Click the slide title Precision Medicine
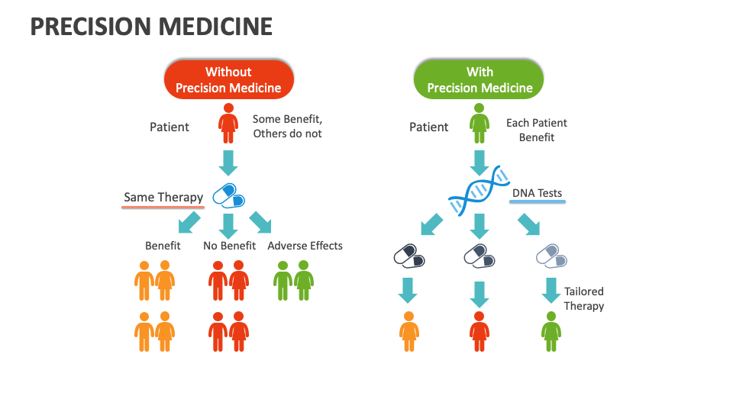click(151, 27)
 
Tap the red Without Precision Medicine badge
click(228, 79)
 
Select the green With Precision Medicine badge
click(480, 79)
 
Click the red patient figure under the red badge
click(228, 124)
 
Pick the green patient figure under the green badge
click(479, 124)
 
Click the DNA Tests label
click(537, 193)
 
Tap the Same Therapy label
click(163, 198)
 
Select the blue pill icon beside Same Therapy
click(228, 195)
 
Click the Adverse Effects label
click(305, 246)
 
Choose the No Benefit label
click(229, 246)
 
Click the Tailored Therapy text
click(584, 298)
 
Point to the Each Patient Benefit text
click(537, 130)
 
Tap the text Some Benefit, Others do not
click(287, 127)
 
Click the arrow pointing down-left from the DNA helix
click(431, 224)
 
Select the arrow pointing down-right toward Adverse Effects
click(260, 222)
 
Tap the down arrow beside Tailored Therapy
click(551, 291)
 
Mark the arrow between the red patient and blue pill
click(228, 162)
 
